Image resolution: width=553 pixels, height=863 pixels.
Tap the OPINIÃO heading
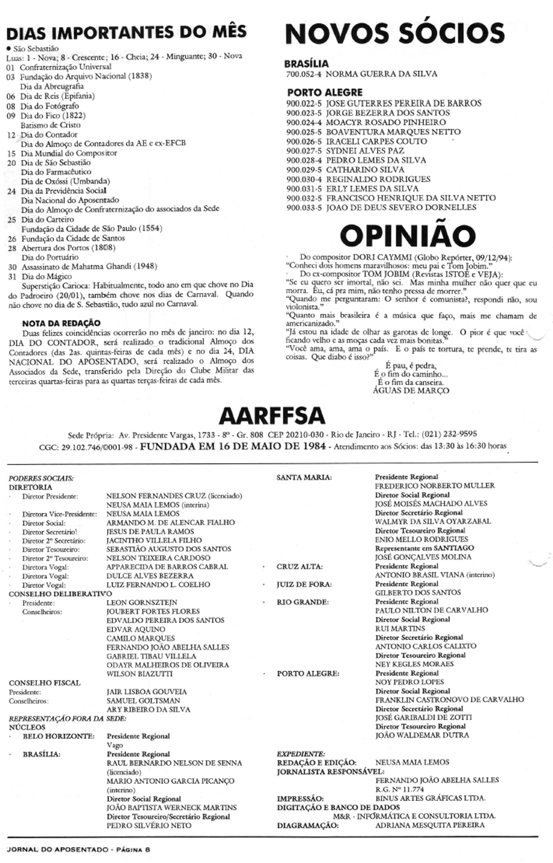pyautogui.click(x=407, y=235)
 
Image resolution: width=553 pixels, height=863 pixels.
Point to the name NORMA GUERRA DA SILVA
pyautogui.click(x=381, y=74)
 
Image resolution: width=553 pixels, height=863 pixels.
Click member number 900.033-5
pyautogui.click(x=305, y=208)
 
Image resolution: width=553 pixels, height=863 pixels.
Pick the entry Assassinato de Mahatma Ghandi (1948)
pyautogui.click(x=88, y=267)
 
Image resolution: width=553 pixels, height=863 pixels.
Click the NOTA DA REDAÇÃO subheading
pyautogui.click(x=61, y=322)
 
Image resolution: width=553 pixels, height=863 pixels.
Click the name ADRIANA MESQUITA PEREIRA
pyautogui.click(x=429, y=825)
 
